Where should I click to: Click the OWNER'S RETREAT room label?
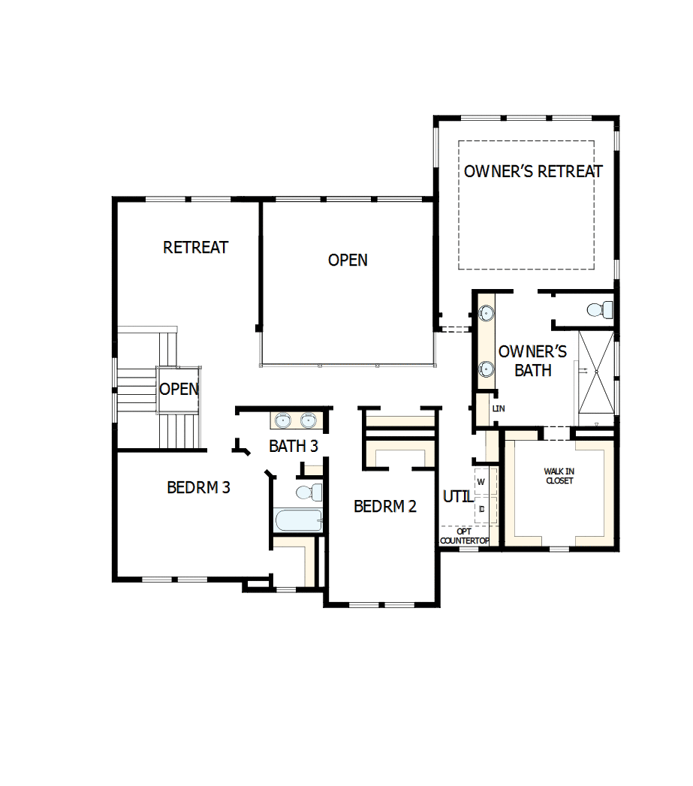(532, 171)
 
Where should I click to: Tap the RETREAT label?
(195, 247)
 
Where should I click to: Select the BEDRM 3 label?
(198, 487)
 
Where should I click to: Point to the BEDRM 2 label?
(384, 506)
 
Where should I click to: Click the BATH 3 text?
(294, 446)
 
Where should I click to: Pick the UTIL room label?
(457, 496)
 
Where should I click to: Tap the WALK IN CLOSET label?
(559, 476)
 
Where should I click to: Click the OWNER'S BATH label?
(533, 360)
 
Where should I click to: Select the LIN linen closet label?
(498, 409)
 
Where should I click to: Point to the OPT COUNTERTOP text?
(464, 536)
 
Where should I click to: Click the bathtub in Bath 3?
(298, 519)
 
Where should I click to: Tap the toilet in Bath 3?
(309, 492)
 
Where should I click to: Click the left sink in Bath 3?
(284, 420)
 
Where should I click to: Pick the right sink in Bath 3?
(309, 420)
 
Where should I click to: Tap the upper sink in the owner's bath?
(487, 312)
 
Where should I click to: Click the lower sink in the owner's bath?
(487, 369)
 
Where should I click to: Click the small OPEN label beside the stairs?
(179, 389)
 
